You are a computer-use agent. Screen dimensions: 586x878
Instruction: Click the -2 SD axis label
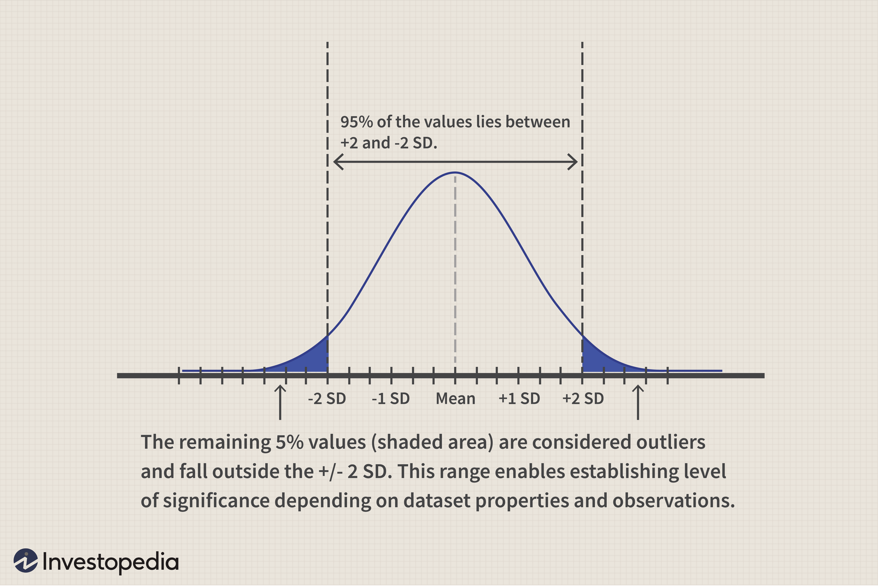[327, 399]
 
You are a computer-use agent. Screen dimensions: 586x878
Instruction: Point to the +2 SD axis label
[583, 399]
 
